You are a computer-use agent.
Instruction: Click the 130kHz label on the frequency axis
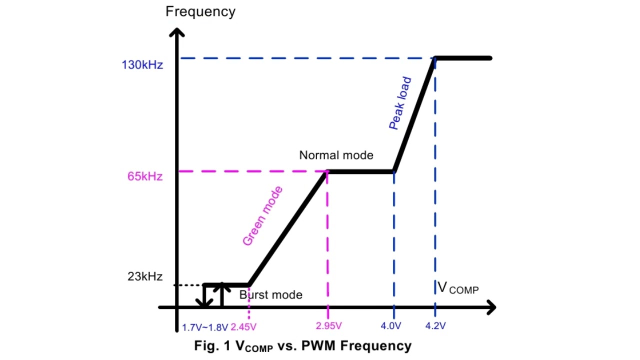pos(142,65)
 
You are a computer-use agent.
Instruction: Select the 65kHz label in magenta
pos(145,176)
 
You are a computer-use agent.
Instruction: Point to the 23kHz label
pos(145,276)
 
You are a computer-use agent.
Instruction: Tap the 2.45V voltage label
pos(243,327)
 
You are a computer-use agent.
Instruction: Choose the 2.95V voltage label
pos(328,325)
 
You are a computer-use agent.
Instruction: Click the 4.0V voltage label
pos(391,325)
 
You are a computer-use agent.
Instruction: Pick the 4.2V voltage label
pos(435,325)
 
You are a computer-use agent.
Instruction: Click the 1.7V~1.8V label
pos(205,327)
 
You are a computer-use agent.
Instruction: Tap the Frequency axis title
pos(200,11)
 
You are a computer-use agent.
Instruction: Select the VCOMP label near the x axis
pos(458,287)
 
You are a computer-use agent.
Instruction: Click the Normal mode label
pos(336,155)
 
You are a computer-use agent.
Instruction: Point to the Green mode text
pos(262,216)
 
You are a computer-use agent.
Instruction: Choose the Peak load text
pos(400,103)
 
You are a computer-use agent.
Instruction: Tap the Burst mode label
pos(271,295)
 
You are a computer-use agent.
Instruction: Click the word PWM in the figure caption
pos(318,345)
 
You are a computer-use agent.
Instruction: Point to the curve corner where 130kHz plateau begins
pos(435,58)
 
